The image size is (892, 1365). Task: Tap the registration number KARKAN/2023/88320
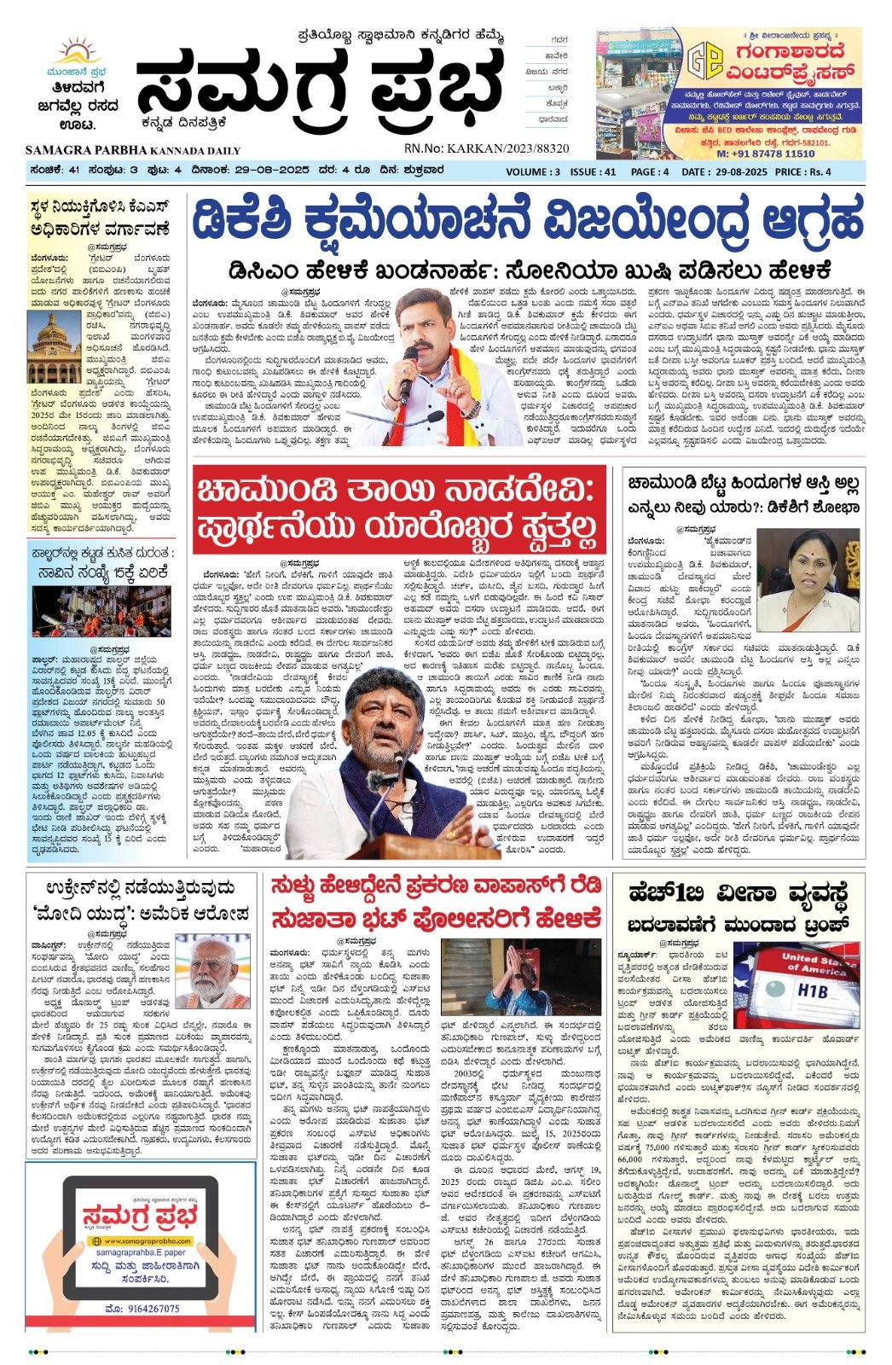pos(508,148)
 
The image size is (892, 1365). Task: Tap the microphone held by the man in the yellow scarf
pos(409,357)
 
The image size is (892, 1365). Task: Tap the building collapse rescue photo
pos(101,611)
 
